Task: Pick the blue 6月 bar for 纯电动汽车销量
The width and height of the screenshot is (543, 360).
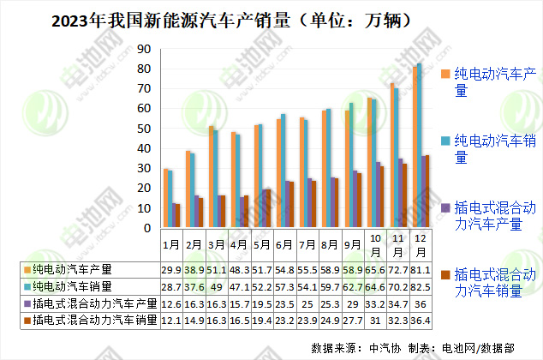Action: tap(283, 171)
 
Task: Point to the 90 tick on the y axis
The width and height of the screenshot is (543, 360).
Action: tap(145, 50)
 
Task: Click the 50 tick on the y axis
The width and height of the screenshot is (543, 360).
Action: tap(145, 129)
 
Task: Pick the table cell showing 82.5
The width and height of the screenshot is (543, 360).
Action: tap(420, 286)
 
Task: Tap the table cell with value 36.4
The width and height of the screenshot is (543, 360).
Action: tap(420, 320)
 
